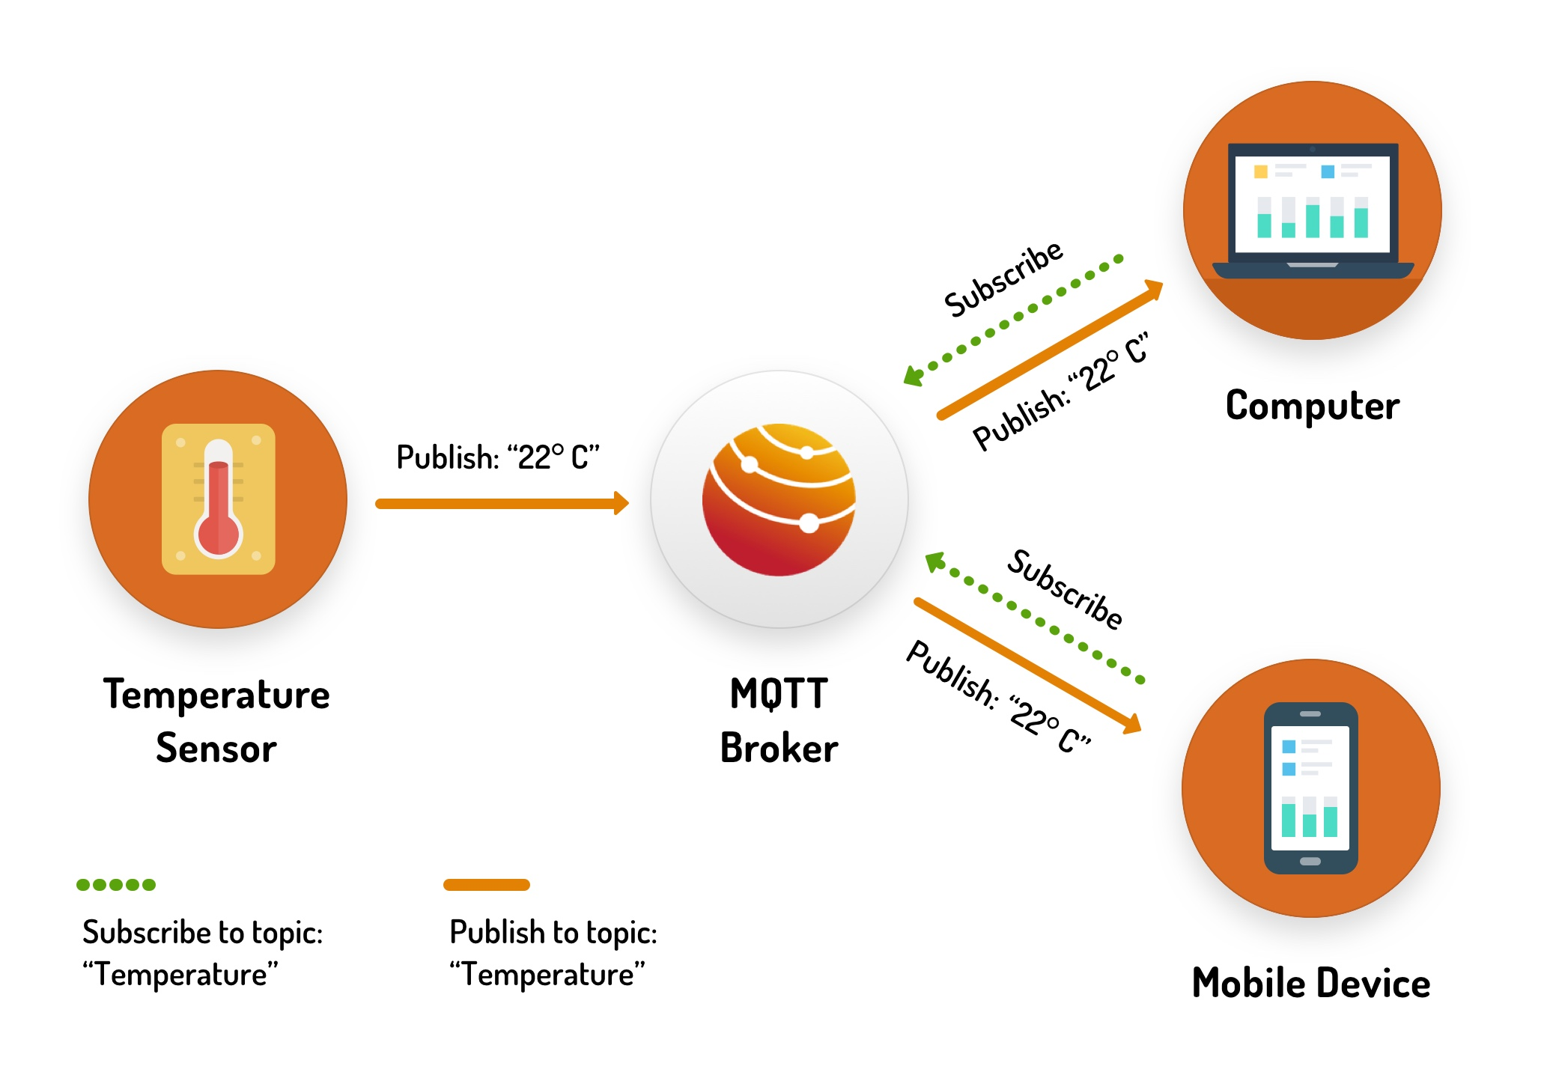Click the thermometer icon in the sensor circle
(218, 499)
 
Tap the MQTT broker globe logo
(779, 499)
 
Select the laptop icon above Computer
(1313, 210)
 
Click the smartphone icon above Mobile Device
(1310, 788)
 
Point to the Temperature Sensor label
(216, 721)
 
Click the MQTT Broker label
(779, 721)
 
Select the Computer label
(1312, 406)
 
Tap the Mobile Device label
(1310, 983)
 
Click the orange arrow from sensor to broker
(502, 504)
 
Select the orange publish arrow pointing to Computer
(1048, 350)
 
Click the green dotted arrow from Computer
(1015, 318)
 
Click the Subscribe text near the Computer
(1003, 278)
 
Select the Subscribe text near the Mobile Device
(1064, 589)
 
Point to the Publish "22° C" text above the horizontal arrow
(498, 457)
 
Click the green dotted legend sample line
(116, 885)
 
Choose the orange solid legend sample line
(487, 885)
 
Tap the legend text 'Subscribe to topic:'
(202, 933)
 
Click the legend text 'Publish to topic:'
(553, 933)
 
